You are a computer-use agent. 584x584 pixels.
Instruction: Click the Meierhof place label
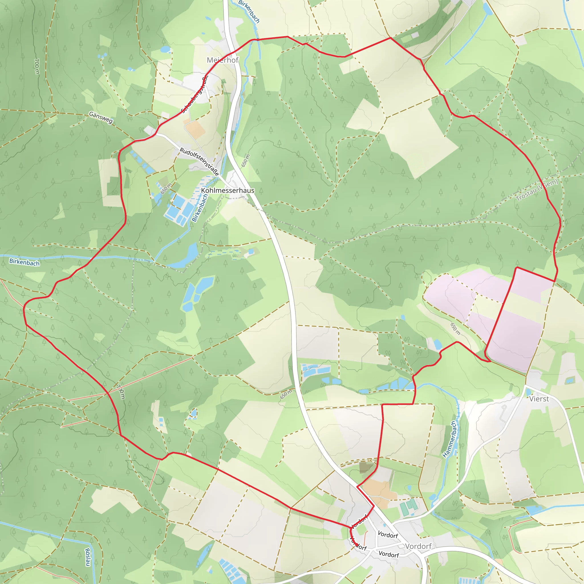coord(223,60)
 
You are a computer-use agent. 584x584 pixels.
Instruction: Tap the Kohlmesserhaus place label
coord(228,190)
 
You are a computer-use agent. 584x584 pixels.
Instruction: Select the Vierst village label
coord(539,399)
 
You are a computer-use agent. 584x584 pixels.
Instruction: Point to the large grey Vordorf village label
coord(418,546)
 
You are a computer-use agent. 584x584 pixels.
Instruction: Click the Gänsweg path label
coord(101,117)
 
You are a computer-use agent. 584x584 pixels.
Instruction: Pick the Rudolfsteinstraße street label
coord(199,162)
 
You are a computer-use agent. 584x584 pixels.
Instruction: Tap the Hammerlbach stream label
coord(449,439)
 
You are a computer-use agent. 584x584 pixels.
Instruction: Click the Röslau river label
coord(87,557)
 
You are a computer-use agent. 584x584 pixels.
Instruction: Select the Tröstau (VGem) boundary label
coord(537,190)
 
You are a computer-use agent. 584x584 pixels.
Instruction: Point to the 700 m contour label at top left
coord(36,66)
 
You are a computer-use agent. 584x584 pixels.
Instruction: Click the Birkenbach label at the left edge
coord(24,262)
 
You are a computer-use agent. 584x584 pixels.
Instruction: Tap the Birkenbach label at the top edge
coord(249,11)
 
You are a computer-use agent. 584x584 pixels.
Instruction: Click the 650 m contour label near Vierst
coord(455,329)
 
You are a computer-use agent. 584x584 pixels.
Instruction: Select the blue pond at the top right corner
coord(487,9)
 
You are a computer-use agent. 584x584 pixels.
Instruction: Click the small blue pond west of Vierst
coord(437,344)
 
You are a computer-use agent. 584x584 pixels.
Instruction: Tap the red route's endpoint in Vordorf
coord(357,545)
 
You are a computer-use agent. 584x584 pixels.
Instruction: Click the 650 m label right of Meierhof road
coord(246,161)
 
